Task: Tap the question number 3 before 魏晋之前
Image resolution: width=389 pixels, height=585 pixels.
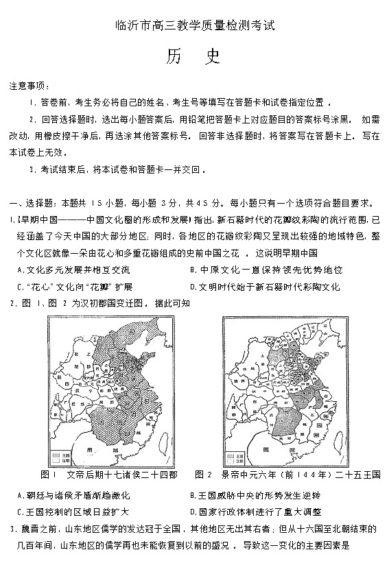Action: tap(12, 529)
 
